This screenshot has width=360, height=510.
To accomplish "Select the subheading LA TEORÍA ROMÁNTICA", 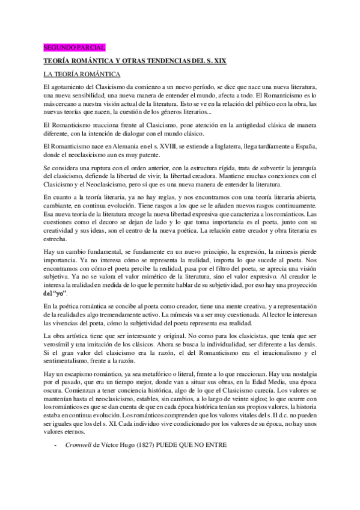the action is pyautogui.click(x=82, y=75).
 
